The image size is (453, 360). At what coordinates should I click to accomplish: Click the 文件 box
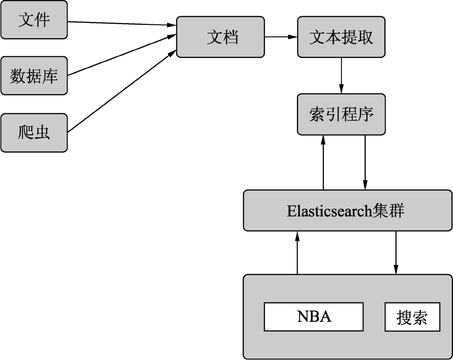click(34, 20)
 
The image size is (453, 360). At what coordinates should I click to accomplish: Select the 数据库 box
click(34, 76)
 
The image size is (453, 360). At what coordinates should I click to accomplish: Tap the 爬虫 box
click(34, 133)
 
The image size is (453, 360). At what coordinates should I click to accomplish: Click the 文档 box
click(220, 37)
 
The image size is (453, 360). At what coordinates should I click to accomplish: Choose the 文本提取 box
click(341, 37)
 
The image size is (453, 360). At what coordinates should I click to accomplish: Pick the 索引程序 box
click(341, 114)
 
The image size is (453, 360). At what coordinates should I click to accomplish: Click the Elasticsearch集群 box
click(347, 210)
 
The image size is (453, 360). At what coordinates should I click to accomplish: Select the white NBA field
click(314, 317)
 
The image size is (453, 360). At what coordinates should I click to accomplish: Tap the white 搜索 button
click(412, 317)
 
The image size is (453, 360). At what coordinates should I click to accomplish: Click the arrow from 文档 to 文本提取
click(281, 37)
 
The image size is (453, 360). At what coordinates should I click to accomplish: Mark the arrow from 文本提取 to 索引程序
click(341, 75)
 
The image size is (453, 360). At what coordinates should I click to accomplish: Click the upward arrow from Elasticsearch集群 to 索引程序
click(323, 162)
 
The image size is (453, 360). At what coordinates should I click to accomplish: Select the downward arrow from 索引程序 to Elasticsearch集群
click(365, 162)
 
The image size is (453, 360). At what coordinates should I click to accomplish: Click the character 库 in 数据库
click(50, 76)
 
